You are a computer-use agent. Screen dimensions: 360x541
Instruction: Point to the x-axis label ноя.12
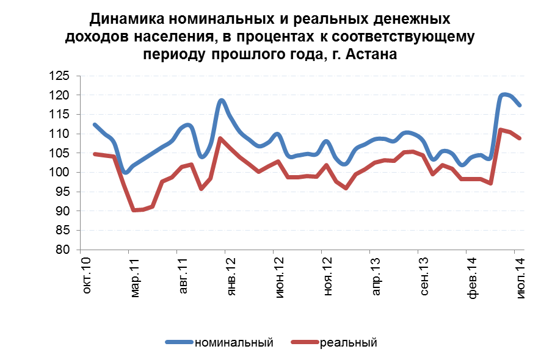click(x=328, y=278)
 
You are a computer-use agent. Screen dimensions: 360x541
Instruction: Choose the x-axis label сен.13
click(x=424, y=278)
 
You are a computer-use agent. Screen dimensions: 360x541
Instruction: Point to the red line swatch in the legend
click(x=305, y=342)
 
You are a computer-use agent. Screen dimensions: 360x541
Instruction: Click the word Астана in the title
click(x=371, y=54)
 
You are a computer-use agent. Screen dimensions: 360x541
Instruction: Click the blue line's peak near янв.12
click(x=221, y=100)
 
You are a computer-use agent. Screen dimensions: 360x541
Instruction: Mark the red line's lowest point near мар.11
click(x=134, y=210)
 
